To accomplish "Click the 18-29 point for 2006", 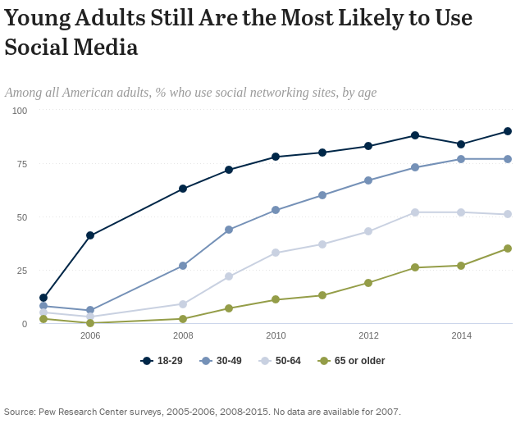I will coord(90,235).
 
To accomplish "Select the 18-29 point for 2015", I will coord(508,131).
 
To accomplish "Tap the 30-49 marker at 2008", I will coord(183,266).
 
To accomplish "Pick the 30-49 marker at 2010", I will coord(276,210).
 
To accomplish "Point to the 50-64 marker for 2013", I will coord(415,212).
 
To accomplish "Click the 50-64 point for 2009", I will coord(229,276).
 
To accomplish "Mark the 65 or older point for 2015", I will coord(508,248).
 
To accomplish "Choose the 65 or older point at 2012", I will coord(368,283).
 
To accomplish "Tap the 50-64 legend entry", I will coord(281,361).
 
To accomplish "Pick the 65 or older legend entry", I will coord(352,361).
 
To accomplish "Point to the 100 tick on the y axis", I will coord(20,111).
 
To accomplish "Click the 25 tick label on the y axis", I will coord(22,271).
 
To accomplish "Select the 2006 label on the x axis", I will coord(90,335).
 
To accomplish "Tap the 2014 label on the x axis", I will coord(461,335).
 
